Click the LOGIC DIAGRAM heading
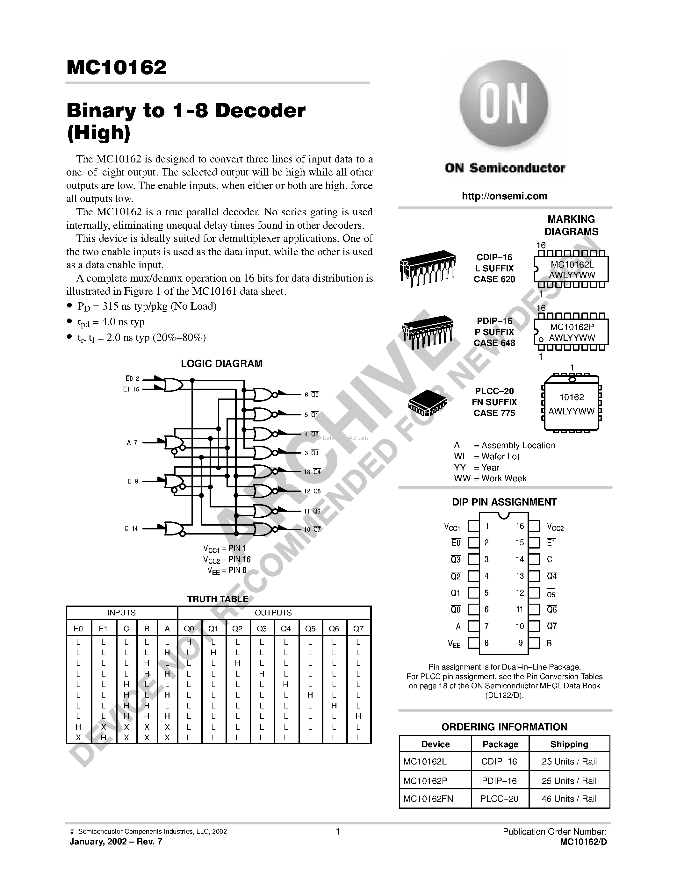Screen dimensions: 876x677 click(x=221, y=363)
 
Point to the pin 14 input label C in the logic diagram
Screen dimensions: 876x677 click(x=126, y=529)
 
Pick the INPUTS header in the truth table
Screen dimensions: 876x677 click(x=121, y=613)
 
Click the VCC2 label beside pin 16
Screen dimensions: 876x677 click(x=555, y=527)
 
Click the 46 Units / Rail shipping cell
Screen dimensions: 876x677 click(x=569, y=799)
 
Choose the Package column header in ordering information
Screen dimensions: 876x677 click(x=500, y=744)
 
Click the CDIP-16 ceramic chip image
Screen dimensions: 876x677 click(x=428, y=268)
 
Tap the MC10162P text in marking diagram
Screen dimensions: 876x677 click(x=572, y=327)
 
